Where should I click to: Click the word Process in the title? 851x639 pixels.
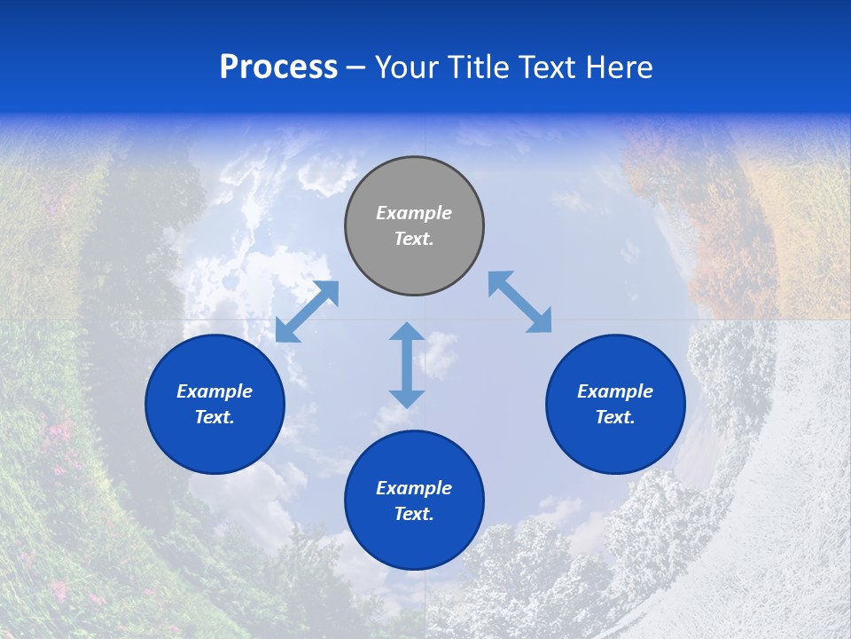pyautogui.click(x=278, y=67)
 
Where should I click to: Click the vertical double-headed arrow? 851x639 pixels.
pyautogui.click(x=407, y=365)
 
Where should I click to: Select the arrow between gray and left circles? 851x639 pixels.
pyautogui.click(x=307, y=312)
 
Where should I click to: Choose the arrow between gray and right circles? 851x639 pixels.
pyautogui.click(x=519, y=302)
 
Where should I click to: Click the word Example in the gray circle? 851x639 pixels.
pyautogui.click(x=414, y=213)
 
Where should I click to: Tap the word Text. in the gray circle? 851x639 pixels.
pyautogui.click(x=414, y=239)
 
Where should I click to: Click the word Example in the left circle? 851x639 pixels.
pyautogui.click(x=215, y=391)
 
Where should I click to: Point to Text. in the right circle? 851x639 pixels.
pyautogui.click(x=615, y=417)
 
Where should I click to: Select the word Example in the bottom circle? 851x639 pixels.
pyautogui.click(x=414, y=488)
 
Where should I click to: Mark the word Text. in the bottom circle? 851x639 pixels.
pyautogui.click(x=414, y=514)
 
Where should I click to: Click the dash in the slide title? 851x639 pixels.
pyautogui.click(x=356, y=67)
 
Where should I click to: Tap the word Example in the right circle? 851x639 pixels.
pyautogui.click(x=615, y=391)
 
